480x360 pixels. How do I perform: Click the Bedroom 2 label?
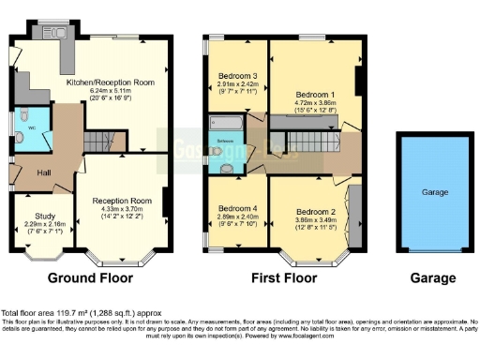tap(313, 213)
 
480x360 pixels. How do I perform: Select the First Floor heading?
tap(284, 278)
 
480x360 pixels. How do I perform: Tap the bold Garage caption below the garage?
tap(431, 278)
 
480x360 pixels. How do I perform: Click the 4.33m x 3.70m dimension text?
tap(127, 209)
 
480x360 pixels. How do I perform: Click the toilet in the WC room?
tap(21, 138)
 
